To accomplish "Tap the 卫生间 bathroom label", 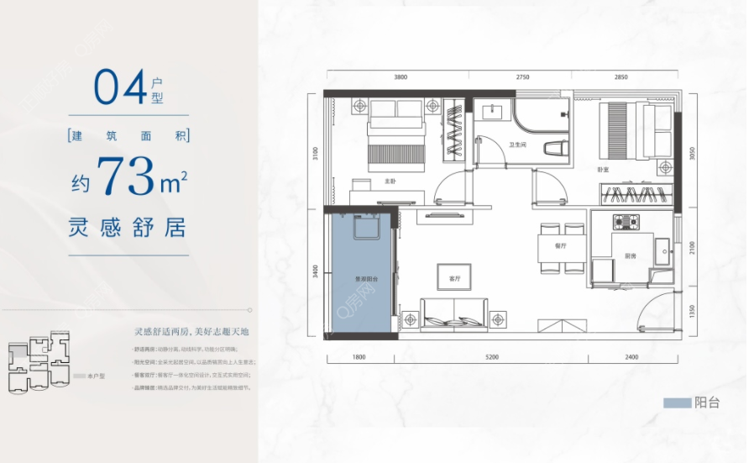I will point(517,145).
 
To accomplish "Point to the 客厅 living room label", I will point(455,277).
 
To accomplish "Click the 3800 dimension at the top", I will point(401,76).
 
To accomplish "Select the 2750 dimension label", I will point(522,76).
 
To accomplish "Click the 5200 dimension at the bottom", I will point(491,357).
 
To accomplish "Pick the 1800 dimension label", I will point(359,357).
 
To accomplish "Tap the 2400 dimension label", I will point(632,357).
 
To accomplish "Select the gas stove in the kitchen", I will point(626,223).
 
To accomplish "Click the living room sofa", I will point(454,313).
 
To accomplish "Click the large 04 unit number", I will point(118,87).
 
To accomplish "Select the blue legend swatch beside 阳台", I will point(677,403).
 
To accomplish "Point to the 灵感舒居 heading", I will point(128,226).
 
